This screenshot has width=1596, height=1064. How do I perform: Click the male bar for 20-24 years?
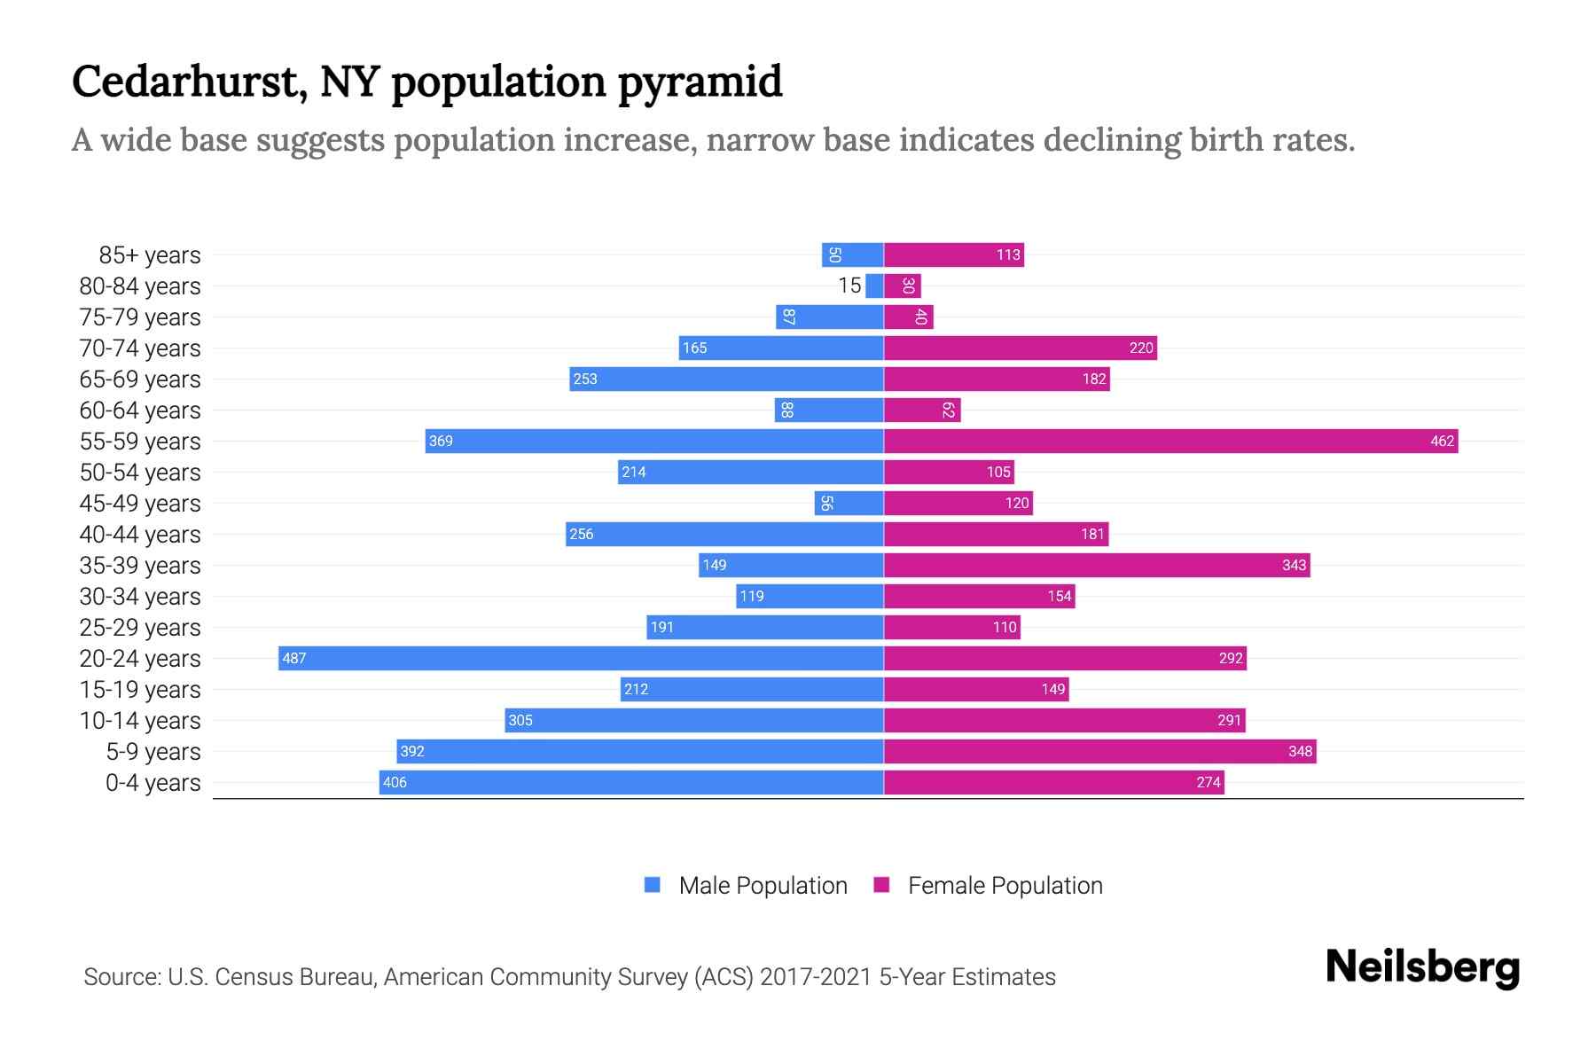(581, 658)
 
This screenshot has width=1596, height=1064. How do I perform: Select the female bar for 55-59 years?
(1170, 441)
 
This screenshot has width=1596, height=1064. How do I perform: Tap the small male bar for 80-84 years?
(874, 286)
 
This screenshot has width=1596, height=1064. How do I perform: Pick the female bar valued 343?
(1097, 565)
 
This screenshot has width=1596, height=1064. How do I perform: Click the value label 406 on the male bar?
(395, 782)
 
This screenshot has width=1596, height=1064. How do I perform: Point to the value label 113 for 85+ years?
(1008, 254)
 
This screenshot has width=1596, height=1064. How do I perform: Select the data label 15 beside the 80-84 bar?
(849, 286)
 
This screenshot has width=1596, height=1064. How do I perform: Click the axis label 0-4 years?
(153, 783)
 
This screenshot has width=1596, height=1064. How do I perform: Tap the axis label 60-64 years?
(140, 411)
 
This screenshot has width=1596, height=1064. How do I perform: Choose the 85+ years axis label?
(150, 255)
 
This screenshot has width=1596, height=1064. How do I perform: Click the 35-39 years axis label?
(140, 566)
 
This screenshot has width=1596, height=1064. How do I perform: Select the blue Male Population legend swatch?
(653, 885)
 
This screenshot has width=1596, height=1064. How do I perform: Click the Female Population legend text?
(1005, 885)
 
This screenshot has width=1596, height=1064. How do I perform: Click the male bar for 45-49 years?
(849, 503)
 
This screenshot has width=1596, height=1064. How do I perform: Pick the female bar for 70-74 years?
(1020, 348)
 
